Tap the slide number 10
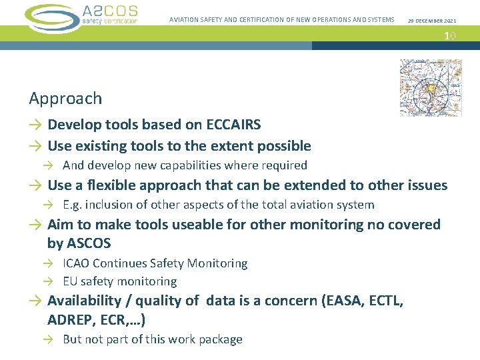click(x=450, y=35)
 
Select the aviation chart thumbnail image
click(x=430, y=88)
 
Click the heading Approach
click(x=65, y=99)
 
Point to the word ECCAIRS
click(x=233, y=125)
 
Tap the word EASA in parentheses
click(x=343, y=301)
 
